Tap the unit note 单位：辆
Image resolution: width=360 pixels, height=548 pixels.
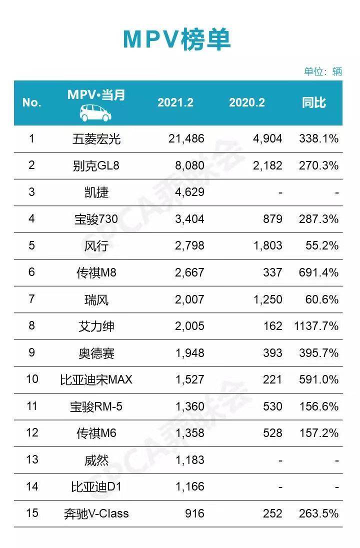click(x=323, y=71)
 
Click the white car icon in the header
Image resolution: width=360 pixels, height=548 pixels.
click(x=96, y=112)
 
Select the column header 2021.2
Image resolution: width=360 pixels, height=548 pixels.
click(x=175, y=102)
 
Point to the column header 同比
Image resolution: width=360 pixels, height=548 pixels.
click(x=314, y=102)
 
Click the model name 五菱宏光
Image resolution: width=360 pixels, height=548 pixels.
click(x=96, y=138)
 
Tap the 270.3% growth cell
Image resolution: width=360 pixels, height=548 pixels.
click(x=318, y=165)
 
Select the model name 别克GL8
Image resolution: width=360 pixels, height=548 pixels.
click(x=96, y=165)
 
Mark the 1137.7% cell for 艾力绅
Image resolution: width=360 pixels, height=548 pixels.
click(x=314, y=326)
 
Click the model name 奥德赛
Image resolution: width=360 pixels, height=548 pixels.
click(x=96, y=353)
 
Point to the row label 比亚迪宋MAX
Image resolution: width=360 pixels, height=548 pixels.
click(x=96, y=379)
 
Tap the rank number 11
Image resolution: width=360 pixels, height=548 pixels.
click(x=32, y=406)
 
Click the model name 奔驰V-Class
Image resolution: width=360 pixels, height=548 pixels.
click(x=96, y=513)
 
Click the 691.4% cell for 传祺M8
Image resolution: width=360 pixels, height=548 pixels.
click(x=318, y=272)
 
